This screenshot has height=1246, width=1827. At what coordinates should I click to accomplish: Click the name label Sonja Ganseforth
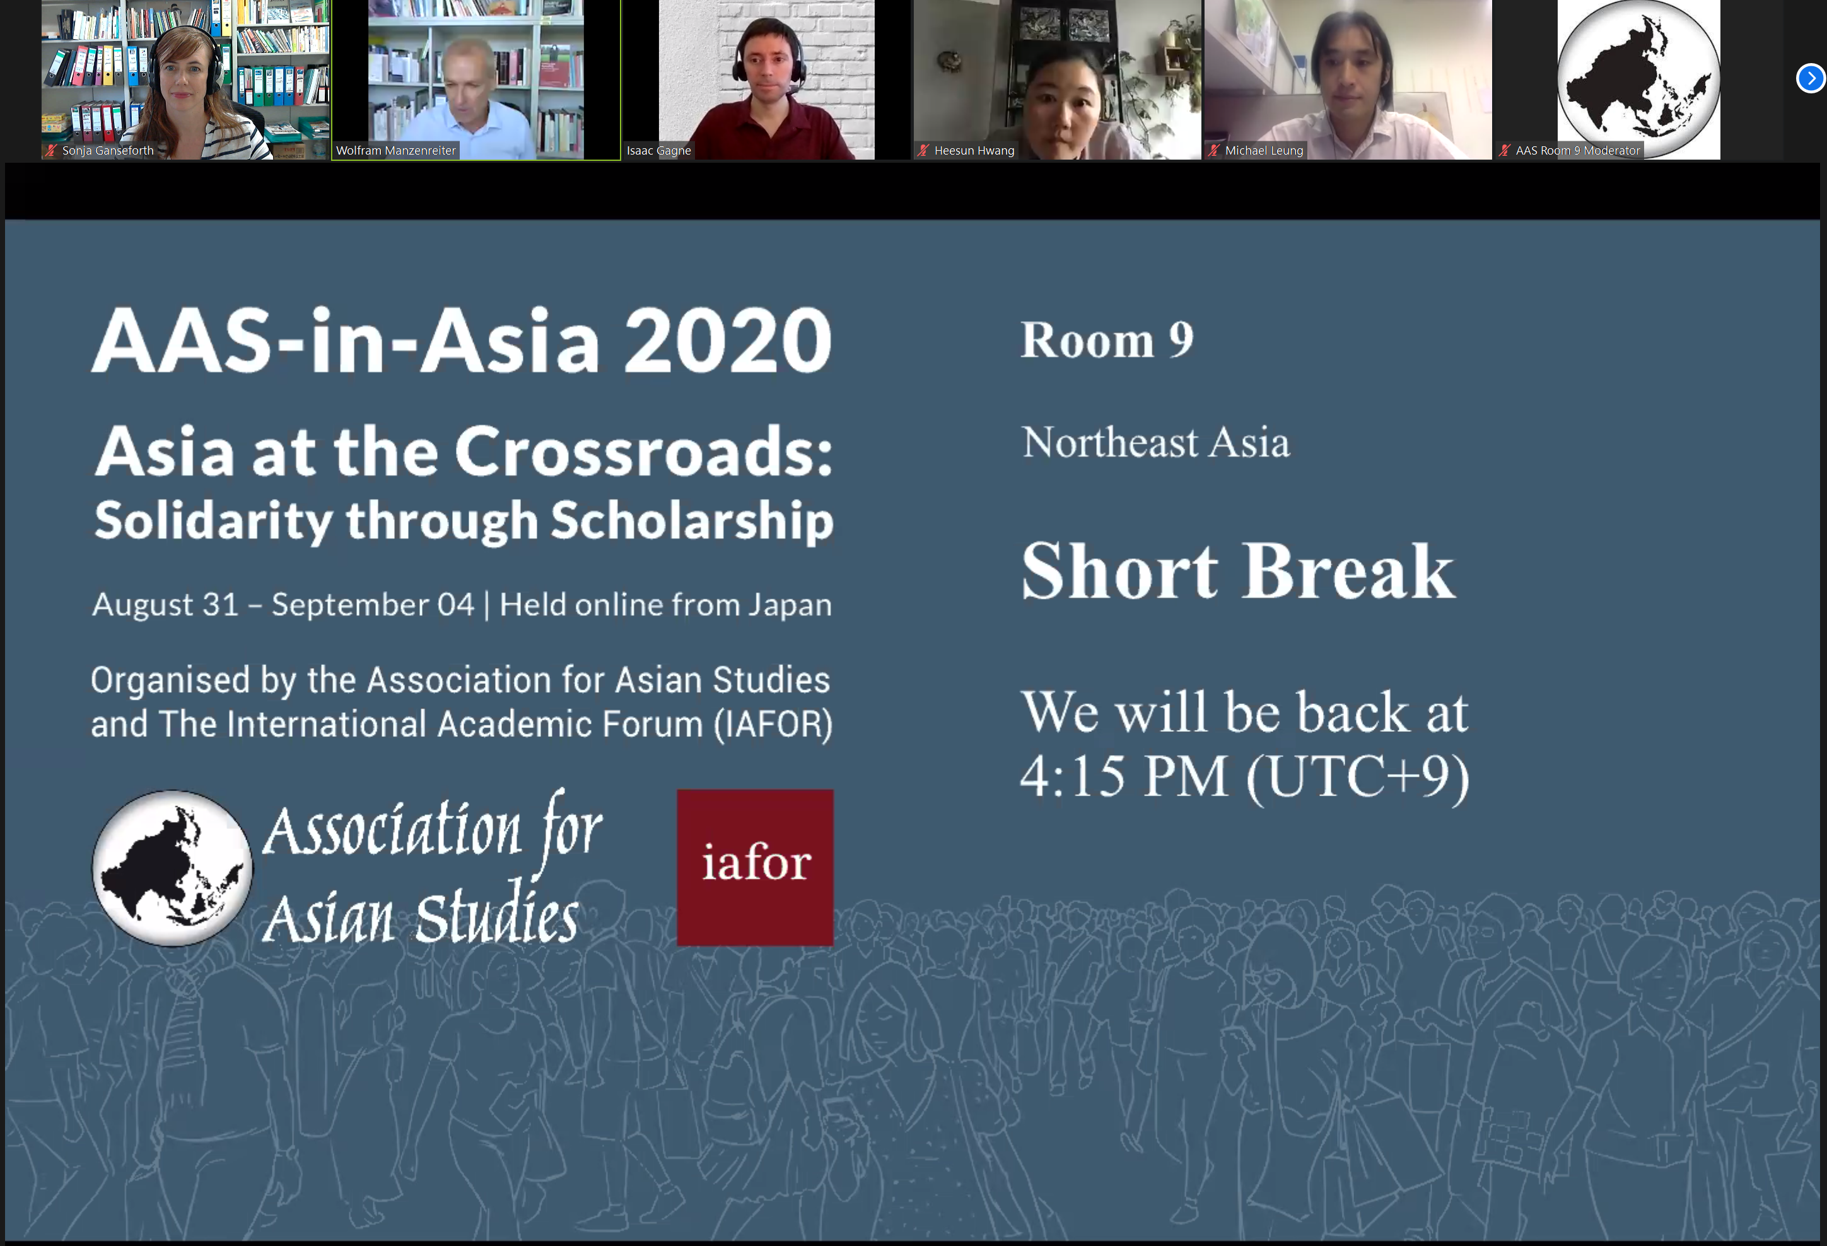coord(108,150)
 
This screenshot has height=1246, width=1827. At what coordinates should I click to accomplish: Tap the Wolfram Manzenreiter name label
coord(395,150)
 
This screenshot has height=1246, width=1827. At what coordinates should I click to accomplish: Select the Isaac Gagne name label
coord(659,150)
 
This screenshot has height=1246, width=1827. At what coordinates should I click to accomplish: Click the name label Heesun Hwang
coord(974,150)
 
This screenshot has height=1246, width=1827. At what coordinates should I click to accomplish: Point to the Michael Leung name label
coord(1264,150)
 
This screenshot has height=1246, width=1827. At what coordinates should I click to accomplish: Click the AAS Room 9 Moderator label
coord(1577,150)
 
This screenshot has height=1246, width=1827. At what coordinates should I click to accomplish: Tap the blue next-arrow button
coord(1811,78)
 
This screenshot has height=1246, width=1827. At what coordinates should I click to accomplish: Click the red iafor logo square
coord(755,867)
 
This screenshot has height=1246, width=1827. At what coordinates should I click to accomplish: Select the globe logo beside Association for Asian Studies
coord(172,869)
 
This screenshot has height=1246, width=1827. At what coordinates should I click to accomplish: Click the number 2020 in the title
coord(728,341)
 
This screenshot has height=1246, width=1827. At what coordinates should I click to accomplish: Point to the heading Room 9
coord(1107,340)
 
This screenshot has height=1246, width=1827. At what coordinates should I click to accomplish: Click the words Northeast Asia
coord(1155,442)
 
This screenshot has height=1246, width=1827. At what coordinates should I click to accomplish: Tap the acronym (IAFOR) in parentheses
coord(773,724)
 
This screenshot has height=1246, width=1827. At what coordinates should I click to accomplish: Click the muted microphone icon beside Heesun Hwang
coord(923,150)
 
